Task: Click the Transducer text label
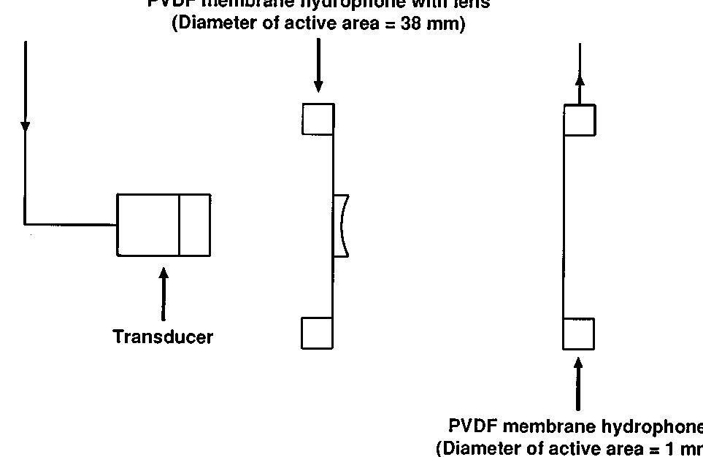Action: click(163, 337)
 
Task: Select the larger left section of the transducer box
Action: click(148, 225)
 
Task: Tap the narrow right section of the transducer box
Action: click(195, 225)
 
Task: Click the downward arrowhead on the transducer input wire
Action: click(26, 126)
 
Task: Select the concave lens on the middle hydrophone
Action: click(342, 226)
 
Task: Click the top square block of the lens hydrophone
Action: click(318, 119)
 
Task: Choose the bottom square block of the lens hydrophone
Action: click(317, 333)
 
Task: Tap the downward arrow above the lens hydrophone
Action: click(318, 66)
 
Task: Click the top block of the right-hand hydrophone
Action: click(580, 120)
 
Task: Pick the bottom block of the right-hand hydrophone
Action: click(578, 334)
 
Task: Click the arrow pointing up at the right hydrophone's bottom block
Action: click(578, 383)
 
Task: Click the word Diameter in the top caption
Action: click(209, 23)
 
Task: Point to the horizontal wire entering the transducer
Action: click(71, 223)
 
